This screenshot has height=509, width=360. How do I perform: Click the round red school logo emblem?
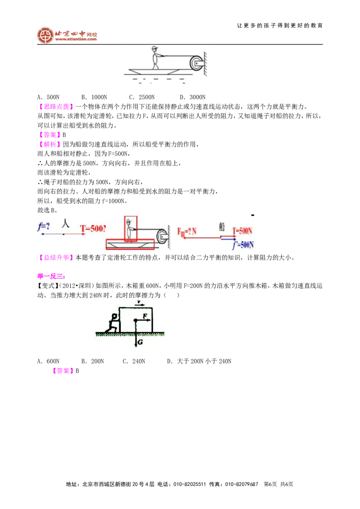[x=45, y=36]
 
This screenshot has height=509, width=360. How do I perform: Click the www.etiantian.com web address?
[x=76, y=39]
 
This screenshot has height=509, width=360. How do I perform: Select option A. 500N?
[x=49, y=97]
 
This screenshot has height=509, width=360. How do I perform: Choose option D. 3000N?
[x=193, y=97]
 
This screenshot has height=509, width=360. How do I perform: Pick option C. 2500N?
[x=142, y=97]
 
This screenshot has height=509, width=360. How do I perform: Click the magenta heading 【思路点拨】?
[x=54, y=107]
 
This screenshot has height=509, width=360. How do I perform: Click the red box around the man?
[x=130, y=229]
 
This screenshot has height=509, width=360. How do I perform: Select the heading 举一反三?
[x=51, y=276]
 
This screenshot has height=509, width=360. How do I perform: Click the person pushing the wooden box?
[x=112, y=323]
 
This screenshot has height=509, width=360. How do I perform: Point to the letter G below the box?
[x=140, y=342]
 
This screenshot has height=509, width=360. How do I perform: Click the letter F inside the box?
[x=145, y=316]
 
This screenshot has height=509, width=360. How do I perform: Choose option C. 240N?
[x=134, y=362]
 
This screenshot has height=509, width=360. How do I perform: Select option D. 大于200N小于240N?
[x=199, y=362]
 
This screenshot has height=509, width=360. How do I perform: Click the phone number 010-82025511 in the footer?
[x=190, y=484]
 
